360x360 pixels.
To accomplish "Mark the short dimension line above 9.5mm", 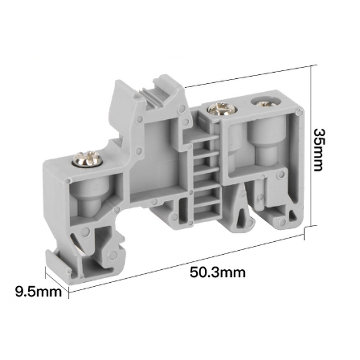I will coord(57,280).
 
